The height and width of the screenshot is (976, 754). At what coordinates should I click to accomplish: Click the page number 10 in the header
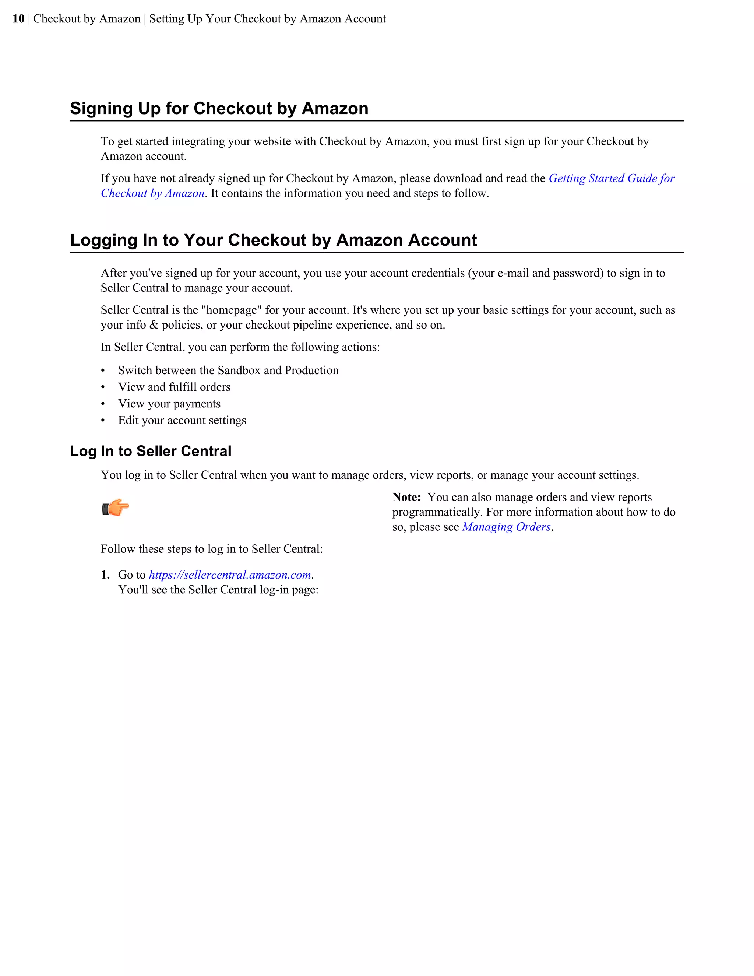pos(18,19)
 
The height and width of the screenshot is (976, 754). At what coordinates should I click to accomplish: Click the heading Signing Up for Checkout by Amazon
pos(219,109)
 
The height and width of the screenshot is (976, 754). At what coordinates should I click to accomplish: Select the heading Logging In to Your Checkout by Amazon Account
pos(274,240)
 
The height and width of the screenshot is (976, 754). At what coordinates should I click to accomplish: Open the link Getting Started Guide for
pos(611,178)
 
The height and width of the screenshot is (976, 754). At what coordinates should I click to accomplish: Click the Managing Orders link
pos(506,527)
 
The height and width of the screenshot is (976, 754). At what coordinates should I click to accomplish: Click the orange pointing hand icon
pos(115,508)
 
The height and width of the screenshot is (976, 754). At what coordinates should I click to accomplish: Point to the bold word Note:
pos(406,497)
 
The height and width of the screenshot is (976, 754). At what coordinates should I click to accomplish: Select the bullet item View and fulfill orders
pos(174,387)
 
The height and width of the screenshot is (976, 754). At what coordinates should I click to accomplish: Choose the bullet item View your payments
pos(169,404)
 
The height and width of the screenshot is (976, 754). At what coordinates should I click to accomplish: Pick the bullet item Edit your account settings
pos(182,421)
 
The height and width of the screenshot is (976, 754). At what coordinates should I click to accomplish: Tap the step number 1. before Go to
pos(105,575)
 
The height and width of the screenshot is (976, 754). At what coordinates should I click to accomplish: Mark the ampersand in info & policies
pos(154,325)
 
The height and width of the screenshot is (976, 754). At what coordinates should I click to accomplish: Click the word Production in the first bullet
pos(311,371)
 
